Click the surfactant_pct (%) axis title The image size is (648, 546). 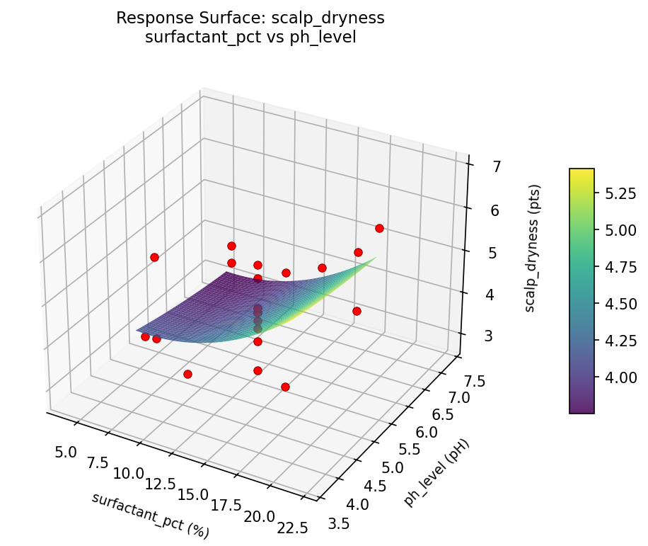coord(150,513)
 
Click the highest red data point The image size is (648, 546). coord(379,228)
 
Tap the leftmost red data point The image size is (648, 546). coord(145,337)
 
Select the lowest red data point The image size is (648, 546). coord(285,387)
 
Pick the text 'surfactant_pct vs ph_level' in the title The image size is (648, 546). coord(250,38)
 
